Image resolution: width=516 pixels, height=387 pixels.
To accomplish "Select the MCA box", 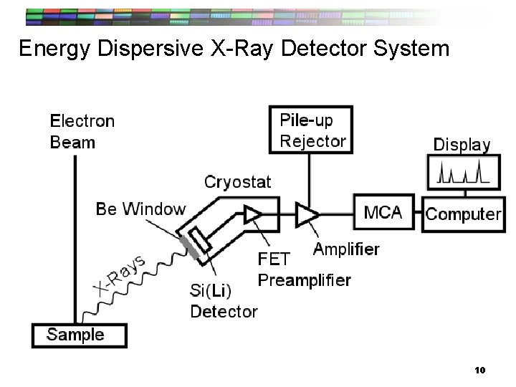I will pyautogui.click(x=383, y=213).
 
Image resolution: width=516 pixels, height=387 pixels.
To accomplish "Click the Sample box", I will pyautogui.click(x=78, y=335).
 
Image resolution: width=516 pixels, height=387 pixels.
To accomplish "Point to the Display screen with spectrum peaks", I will pyautogui.click(x=463, y=174).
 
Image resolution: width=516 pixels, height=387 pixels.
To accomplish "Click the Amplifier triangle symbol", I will pyautogui.click(x=308, y=213).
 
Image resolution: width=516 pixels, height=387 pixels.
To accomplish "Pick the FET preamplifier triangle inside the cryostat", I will pyautogui.click(x=252, y=213).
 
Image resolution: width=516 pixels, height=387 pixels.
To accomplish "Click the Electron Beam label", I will pyautogui.click(x=82, y=131).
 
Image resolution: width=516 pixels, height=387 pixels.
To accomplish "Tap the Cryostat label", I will pyautogui.click(x=238, y=182).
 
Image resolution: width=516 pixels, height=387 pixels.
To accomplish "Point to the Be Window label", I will pyautogui.click(x=140, y=209).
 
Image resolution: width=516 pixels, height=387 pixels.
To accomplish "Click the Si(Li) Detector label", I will pyautogui.click(x=223, y=302).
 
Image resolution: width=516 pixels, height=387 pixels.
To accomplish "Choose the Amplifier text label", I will pyautogui.click(x=346, y=249).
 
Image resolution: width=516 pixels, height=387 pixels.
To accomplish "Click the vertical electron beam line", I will pyautogui.click(x=75, y=236).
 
